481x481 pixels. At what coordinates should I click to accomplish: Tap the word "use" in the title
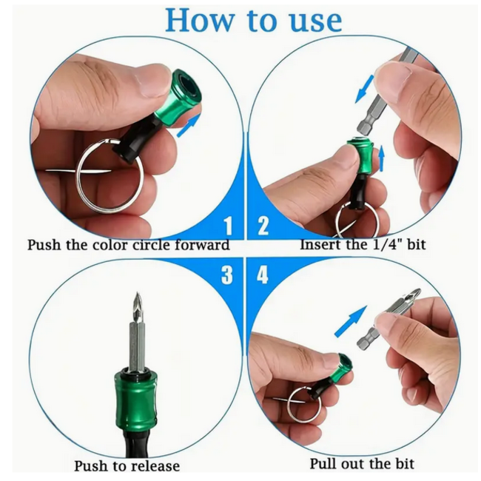312,21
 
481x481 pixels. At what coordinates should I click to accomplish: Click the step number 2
262,226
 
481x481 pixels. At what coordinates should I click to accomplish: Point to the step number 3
227,275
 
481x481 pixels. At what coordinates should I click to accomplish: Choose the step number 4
263,275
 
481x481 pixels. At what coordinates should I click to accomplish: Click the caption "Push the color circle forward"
128,245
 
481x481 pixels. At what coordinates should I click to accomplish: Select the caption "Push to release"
127,466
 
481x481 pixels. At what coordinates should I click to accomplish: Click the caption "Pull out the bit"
362,464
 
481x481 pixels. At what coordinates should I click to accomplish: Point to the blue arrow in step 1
189,122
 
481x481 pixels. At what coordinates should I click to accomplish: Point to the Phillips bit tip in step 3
135,307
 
